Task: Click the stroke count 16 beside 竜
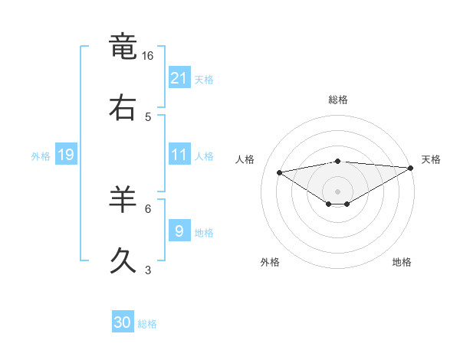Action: tap(148, 56)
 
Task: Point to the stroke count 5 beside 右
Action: tap(148, 117)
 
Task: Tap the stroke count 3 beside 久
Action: tap(148, 270)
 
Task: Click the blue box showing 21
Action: tap(179, 78)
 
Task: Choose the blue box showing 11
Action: tap(179, 155)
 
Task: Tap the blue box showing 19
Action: tap(65, 155)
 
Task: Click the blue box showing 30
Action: tap(123, 323)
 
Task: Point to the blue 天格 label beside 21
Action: tap(204, 80)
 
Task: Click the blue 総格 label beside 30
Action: tap(148, 324)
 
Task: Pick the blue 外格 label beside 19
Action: tap(41, 156)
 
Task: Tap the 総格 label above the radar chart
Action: tap(338, 100)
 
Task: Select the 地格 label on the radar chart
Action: tap(402, 263)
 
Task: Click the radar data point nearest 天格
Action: tap(411, 169)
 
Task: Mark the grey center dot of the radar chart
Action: tap(338, 191)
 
